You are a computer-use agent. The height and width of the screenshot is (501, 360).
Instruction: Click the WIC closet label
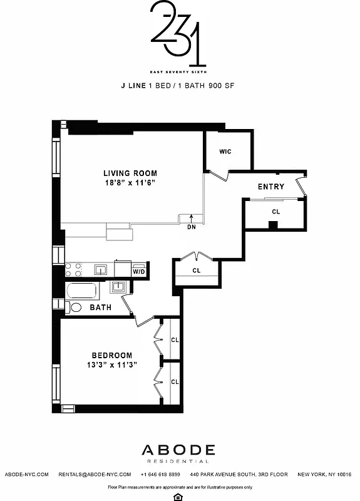click(x=226, y=152)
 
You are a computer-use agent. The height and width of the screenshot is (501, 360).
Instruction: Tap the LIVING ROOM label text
click(x=130, y=173)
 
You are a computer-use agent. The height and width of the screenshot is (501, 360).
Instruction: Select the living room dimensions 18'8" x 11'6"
click(x=130, y=183)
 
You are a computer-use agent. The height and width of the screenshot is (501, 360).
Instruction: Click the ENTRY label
click(x=271, y=187)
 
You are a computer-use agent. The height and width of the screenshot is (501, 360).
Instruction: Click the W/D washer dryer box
click(x=138, y=271)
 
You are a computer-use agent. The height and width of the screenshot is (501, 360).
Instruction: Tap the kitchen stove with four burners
click(x=74, y=270)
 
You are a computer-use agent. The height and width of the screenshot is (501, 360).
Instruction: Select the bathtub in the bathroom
click(x=81, y=291)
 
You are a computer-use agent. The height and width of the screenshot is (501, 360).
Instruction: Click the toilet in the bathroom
click(x=74, y=307)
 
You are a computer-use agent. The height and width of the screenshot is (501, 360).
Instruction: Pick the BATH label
click(x=100, y=308)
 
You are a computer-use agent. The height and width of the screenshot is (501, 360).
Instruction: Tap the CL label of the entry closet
click(x=275, y=212)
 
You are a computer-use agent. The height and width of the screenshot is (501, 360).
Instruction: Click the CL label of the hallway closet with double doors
click(x=197, y=271)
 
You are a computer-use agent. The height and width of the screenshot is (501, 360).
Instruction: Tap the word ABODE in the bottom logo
click(x=179, y=450)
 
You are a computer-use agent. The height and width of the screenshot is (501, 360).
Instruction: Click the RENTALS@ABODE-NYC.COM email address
click(x=95, y=475)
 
